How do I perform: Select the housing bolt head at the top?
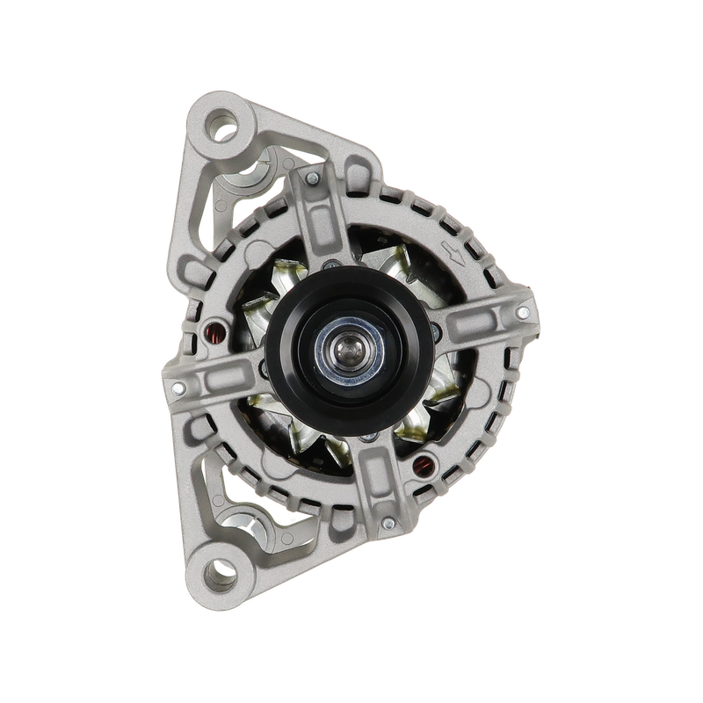[x=310, y=179]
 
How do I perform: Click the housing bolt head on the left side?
[x=178, y=388]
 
